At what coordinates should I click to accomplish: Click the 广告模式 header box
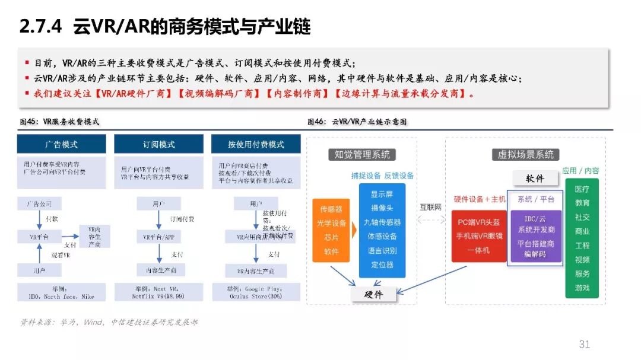(x=61, y=144)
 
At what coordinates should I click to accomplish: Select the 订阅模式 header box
(x=158, y=144)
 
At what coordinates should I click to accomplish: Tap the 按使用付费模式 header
(x=256, y=144)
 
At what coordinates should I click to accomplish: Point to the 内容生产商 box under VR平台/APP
(x=158, y=270)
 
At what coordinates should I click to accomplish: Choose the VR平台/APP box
(x=158, y=237)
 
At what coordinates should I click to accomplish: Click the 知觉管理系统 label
(x=362, y=155)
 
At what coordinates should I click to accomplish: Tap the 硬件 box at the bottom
(x=373, y=294)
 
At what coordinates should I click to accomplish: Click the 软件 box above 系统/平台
(x=535, y=178)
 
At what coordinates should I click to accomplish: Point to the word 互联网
(x=431, y=207)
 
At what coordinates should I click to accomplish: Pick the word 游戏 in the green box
(x=582, y=288)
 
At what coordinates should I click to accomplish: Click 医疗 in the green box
(x=582, y=189)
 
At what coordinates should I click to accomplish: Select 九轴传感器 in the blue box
(x=382, y=222)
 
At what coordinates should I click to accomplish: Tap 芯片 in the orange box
(x=331, y=238)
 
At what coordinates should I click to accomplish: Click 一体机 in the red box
(x=478, y=250)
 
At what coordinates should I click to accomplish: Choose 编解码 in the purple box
(x=535, y=254)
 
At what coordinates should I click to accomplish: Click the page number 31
(x=584, y=345)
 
